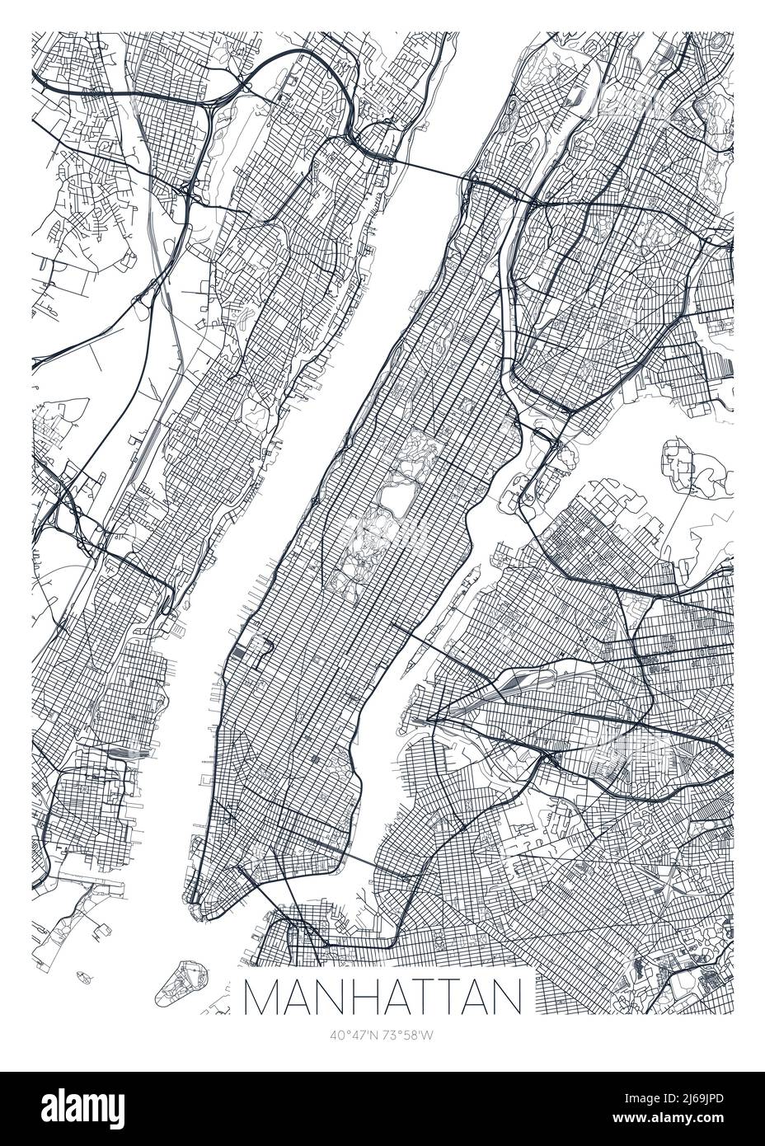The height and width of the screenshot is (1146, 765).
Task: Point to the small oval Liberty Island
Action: (x=83, y=977)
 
